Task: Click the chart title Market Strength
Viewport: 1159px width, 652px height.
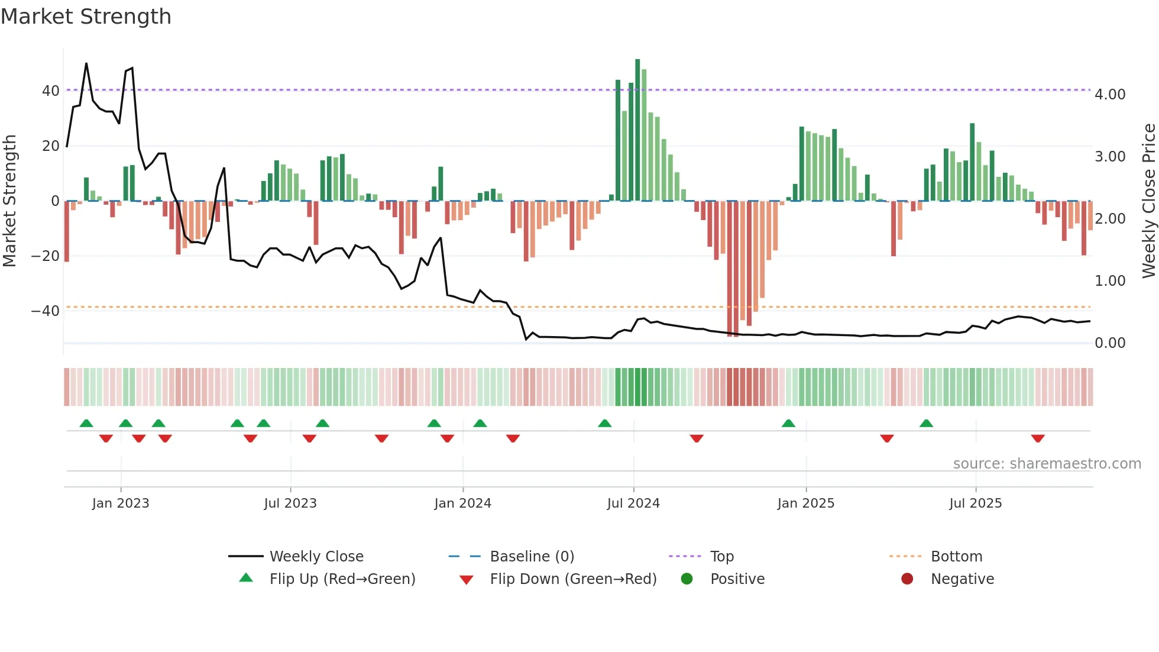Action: point(86,17)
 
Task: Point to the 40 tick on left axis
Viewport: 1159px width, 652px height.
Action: point(51,91)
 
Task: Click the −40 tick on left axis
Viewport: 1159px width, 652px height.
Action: point(46,311)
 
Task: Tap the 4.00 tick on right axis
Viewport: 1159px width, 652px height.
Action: point(1110,95)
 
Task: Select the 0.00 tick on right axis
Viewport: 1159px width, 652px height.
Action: point(1110,343)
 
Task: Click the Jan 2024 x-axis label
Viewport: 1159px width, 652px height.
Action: point(462,503)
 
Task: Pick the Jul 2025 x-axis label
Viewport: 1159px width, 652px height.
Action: point(976,503)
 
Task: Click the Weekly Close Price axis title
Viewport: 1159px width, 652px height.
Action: point(1148,201)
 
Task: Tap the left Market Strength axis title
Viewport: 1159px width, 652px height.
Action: point(9,201)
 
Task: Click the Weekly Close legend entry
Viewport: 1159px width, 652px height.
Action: point(316,557)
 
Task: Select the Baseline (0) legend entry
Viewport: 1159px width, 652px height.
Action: point(532,557)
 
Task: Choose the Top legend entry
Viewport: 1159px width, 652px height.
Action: point(721,557)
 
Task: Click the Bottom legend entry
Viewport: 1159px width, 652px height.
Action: point(956,557)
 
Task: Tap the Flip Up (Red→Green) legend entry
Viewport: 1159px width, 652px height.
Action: point(342,579)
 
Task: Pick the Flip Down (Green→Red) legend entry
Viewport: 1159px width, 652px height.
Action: point(573,579)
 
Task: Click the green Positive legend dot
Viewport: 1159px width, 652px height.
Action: point(687,579)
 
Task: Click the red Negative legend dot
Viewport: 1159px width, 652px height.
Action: point(907,579)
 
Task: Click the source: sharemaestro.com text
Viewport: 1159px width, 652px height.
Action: point(1047,464)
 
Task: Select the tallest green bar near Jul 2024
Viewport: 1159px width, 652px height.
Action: point(637,130)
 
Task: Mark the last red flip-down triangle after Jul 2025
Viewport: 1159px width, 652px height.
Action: point(1038,438)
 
